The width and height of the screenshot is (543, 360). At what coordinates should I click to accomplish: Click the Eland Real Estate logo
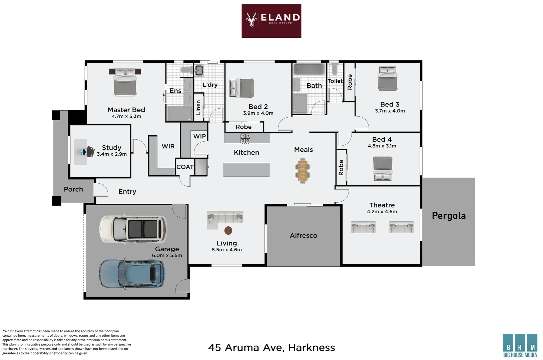point(271,21)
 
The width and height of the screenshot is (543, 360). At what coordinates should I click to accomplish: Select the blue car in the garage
point(132,274)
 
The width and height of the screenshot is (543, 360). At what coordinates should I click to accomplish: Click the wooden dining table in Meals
point(303,171)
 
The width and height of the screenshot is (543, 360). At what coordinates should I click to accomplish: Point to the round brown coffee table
point(228,230)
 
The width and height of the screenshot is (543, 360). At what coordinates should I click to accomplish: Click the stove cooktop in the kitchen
point(245,138)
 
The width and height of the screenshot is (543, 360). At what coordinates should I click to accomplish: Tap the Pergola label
point(449,216)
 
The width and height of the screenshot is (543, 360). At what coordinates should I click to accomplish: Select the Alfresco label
point(304,235)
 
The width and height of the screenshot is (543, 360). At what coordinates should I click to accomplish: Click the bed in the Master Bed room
point(125,82)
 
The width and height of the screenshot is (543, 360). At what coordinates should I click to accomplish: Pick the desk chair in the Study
point(90,152)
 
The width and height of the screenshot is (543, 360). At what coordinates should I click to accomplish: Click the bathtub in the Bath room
point(309,69)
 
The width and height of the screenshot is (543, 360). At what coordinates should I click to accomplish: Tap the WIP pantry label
point(199,136)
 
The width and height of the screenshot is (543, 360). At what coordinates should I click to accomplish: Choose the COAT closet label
point(185,167)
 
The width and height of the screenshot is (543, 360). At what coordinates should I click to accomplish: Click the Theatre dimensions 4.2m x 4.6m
point(382,211)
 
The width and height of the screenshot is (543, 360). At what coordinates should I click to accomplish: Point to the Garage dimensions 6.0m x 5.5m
point(167,255)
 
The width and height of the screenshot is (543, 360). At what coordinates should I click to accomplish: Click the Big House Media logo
point(520,345)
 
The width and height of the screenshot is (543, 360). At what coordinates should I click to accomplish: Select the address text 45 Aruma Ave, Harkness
point(271,348)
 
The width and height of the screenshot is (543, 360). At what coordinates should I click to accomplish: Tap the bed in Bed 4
point(383,168)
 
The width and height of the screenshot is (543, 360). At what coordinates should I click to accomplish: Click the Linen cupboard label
point(198,108)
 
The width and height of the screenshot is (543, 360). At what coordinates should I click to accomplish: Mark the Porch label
point(73,189)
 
